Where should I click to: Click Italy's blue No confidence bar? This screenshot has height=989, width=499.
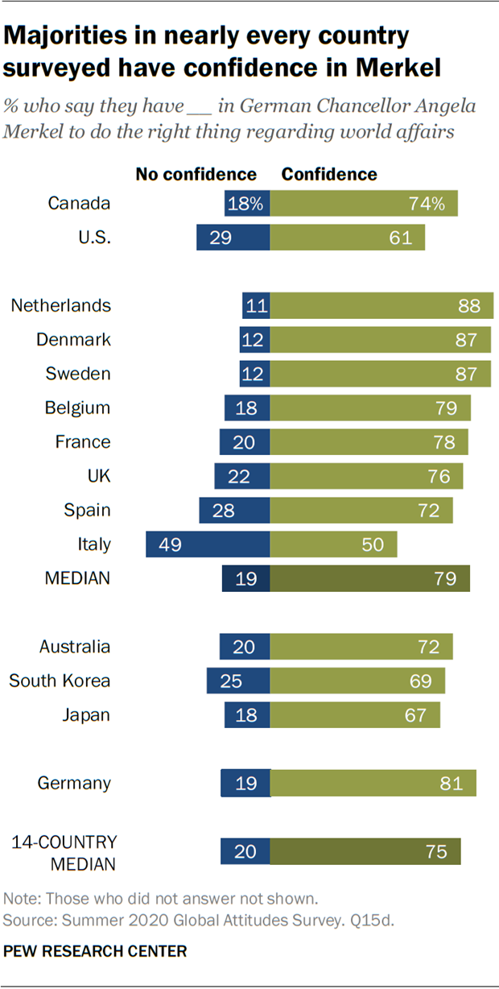click(208, 544)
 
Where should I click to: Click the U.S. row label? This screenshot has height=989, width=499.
click(94, 238)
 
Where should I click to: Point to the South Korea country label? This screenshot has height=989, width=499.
click(60, 681)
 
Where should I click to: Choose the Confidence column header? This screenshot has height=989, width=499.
click(328, 174)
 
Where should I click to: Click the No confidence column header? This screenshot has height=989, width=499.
click(196, 174)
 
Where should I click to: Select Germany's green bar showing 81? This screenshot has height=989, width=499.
click(373, 783)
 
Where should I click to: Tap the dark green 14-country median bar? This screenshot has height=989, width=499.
click(365, 851)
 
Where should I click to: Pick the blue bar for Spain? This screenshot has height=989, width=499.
click(234, 511)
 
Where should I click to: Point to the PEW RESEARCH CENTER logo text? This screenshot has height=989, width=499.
click(95, 951)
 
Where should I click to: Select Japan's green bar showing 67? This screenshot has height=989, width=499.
click(355, 715)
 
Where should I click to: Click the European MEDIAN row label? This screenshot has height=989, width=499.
click(78, 578)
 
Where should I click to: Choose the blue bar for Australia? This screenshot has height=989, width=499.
click(245, 647)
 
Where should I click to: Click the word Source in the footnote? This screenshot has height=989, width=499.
click(27, 919)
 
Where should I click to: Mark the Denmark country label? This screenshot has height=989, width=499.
click(73, 340)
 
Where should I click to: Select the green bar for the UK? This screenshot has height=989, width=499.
click(366, 476)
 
